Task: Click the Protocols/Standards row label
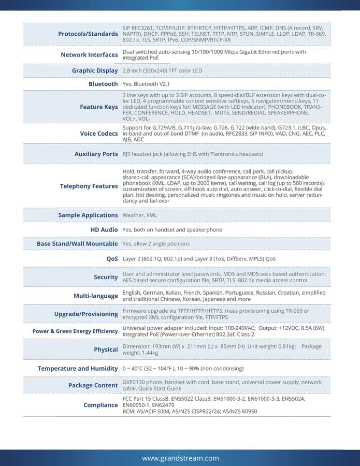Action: tap(88, 34)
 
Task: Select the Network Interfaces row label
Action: tap(89, 55)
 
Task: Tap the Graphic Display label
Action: tap(95, 70)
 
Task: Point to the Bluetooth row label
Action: tap(103, 84)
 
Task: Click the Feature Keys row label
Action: tap(98, 107)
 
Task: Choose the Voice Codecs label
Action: tap(98, 134)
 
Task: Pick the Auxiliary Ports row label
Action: tap(96, 154)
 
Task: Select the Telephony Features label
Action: tap(89, 186)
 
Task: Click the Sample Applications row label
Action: tap(88, 215)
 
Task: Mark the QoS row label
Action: tap(112, 258)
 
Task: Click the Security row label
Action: tap(106, 277)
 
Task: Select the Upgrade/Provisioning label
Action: tap(86, 314)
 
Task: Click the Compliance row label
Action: tap(100, 405)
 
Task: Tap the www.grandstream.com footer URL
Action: tap(180, 458)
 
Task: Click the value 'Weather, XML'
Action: tap(139, 215)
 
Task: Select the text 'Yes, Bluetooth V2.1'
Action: tap(146, 84)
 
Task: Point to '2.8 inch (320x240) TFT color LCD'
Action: tap(162, 70)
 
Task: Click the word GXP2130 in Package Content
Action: tap(134, 382)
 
